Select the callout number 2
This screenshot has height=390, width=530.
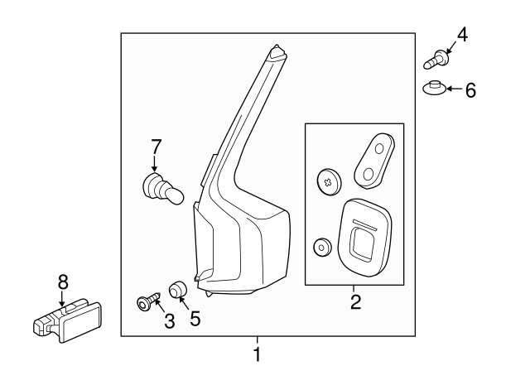click(355, 302)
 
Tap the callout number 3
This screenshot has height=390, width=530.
click(169, 320)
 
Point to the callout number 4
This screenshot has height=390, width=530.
click(461, 35)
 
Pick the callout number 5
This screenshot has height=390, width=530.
click(195, 317)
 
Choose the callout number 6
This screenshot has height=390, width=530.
click(470, 89)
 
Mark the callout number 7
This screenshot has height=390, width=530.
click(155, 147)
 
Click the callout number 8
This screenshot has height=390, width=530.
click(62, 282)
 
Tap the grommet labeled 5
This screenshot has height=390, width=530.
click(176, 291)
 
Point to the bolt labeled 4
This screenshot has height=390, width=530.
click(436, 60)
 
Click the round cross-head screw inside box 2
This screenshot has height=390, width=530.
click(328, 181)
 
